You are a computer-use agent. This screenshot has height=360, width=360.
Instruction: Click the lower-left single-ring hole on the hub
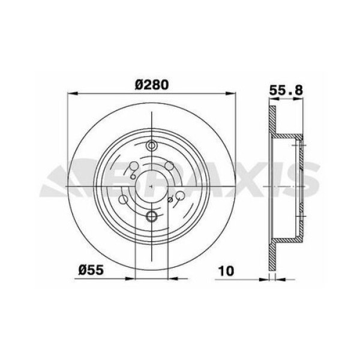click(x=124, y=199)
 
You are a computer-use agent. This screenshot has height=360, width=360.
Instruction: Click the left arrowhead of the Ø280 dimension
click(x=71, y=93)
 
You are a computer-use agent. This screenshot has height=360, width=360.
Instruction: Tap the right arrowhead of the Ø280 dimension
click(x=231, y=93)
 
